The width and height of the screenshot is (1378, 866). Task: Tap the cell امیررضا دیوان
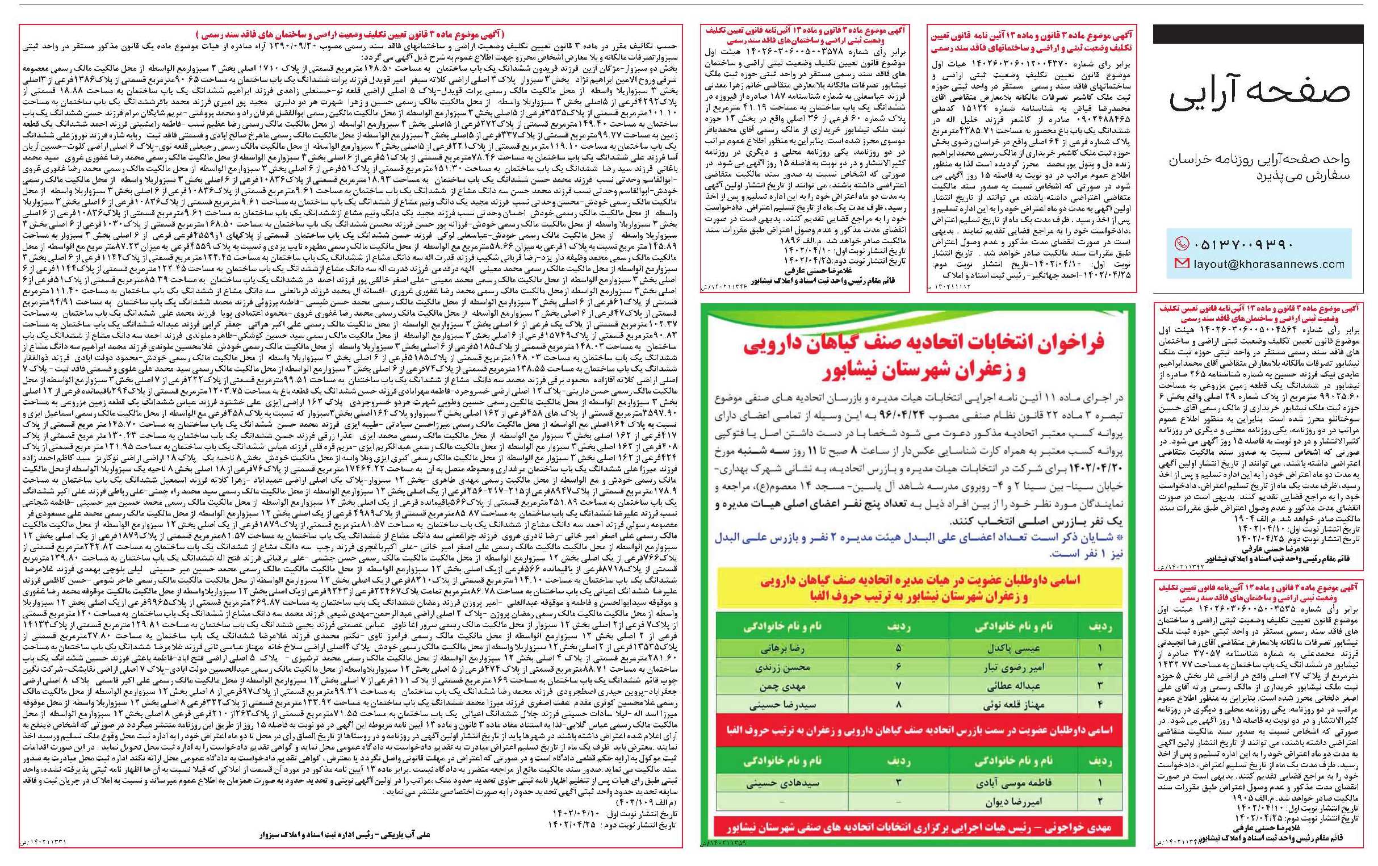click(1006, 802)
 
